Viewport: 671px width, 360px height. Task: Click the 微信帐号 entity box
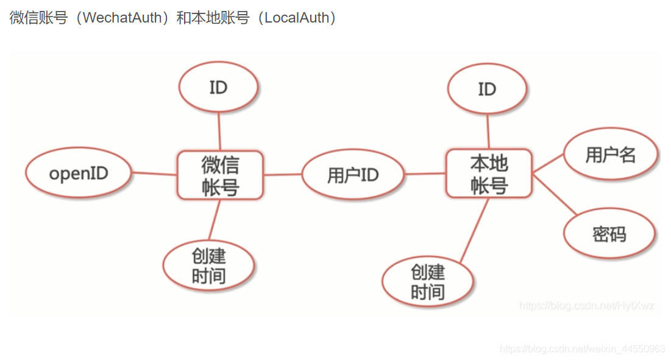coord(219,175)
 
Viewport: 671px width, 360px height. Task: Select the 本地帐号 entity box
coord(489,174)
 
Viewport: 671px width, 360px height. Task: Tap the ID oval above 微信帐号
coord(218,88)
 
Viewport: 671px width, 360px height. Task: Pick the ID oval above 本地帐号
coord(487,90)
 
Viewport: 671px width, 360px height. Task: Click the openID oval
coord(79,174)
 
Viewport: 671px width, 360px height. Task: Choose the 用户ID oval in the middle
coord(353,175)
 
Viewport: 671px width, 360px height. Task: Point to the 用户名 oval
coord(611,155)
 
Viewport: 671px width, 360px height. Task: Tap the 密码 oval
coord(609,234)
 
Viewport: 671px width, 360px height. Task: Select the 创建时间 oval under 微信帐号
coord(208,266)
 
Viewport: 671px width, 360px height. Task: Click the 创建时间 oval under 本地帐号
coord(428,281)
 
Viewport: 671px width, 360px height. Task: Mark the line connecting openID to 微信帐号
coord(154,174)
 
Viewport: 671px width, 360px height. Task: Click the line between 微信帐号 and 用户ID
coord(283,175)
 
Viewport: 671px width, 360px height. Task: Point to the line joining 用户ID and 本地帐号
coord(425,174)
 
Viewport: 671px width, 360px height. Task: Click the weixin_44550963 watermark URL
coord(582,349)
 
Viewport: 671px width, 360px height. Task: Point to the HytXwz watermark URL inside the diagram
coord(587,306)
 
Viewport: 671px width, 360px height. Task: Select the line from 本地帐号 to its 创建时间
coord(474,230)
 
